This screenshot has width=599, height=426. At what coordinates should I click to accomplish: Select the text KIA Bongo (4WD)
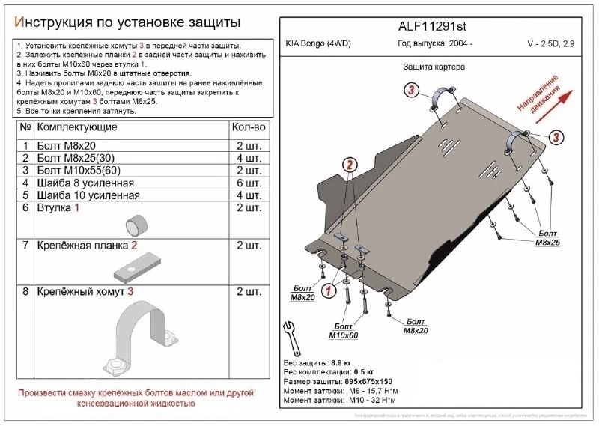click(318, 44)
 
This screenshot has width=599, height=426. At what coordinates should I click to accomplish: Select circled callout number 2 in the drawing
click(350, 165)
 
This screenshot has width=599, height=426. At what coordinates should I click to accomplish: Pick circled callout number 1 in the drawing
click(327, 290)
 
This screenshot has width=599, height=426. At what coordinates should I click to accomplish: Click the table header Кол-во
click(249, 128)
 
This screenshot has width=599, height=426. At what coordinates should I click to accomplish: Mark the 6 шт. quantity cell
click(249, 183)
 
